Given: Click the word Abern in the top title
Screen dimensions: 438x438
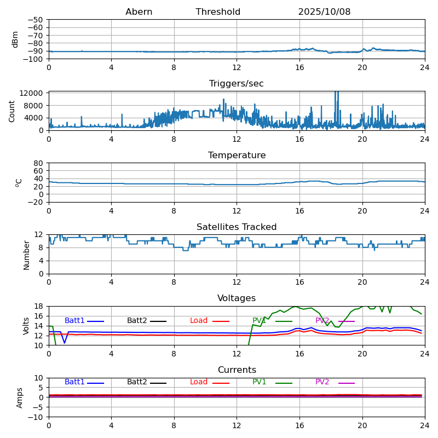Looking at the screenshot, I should coord(139,12).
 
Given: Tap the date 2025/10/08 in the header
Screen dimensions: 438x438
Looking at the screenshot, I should coord(324,12).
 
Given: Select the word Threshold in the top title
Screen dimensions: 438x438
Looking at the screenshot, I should coord(218,12).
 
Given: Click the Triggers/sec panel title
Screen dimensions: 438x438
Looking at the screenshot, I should coord(237,84).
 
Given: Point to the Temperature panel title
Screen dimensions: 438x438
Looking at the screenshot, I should coord(237,155).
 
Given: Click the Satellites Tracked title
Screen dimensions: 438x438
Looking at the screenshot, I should coord(237,227).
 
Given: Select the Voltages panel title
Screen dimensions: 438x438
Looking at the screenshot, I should coord(237,298).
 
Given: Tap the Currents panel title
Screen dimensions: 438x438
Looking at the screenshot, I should coord(237,370).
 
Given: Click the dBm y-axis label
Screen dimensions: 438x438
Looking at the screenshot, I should coord(15,39).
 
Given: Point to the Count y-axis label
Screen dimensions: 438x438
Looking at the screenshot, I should coord(12,111).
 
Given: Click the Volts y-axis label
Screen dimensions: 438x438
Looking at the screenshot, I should coord(26,326).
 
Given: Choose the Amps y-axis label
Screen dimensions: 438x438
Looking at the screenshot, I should coord(20,397).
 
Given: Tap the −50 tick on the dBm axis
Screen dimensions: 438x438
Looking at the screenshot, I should coord(35,20).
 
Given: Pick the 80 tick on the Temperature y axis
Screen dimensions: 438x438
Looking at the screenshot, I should coord(39,163).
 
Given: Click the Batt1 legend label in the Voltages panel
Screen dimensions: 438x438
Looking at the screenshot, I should coord(74,321).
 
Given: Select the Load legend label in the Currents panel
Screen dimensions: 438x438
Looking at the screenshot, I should coord(199,382).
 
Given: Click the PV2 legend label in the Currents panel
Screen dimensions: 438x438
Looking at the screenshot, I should coord(322,382).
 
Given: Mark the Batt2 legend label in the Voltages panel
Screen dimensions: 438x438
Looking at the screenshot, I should coord(137,321).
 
